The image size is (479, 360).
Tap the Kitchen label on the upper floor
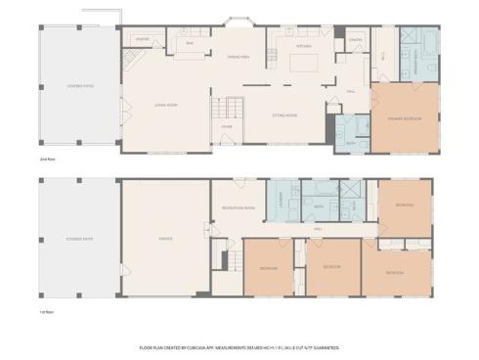point(304,45)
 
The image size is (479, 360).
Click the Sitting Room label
point(285,115)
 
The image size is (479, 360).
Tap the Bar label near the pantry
point(191,44)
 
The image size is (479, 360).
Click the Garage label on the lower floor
point(165,238)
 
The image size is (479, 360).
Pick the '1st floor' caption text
point(45,313)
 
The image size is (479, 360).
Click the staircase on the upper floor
point(228,110)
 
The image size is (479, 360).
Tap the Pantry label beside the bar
point(142,40)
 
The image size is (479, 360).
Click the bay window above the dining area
point(238,22)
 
